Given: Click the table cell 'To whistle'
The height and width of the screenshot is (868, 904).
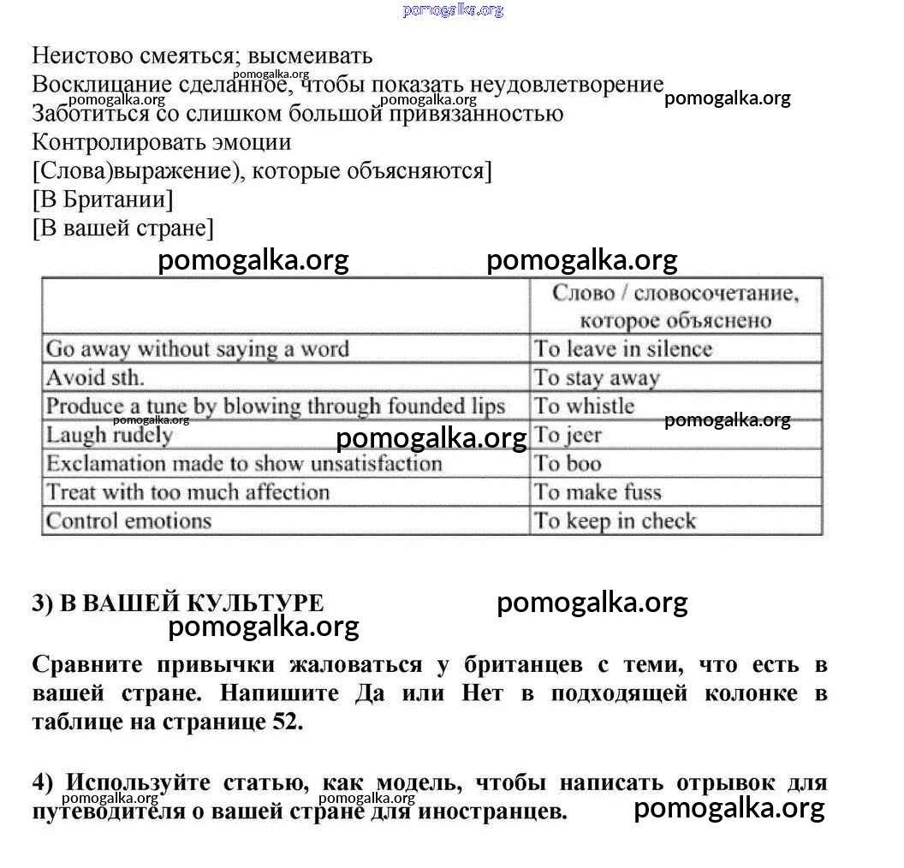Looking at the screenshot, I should coord(585,406).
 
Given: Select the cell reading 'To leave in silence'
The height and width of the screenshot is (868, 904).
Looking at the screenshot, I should coord(623,348).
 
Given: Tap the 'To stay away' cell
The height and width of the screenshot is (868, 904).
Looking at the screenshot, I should coord(598,378).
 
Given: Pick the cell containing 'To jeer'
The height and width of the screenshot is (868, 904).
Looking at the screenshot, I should coord(568,435).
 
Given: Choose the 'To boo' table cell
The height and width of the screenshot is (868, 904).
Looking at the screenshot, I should coord(568,464).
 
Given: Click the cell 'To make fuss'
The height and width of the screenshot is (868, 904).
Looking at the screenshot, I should coord(598,492).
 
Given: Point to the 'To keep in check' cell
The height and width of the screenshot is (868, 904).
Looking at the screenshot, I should coord(616,520).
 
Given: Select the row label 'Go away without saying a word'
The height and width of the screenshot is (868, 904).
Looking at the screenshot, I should coord(198,348).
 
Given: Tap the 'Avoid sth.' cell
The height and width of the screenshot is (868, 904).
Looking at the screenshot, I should coord(95,378).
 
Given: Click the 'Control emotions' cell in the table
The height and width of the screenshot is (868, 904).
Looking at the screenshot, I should coord(128,520).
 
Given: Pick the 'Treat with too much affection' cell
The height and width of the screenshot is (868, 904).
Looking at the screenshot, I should coord(187,492).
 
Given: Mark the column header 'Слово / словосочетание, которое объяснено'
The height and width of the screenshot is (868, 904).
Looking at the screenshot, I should coord(675,306).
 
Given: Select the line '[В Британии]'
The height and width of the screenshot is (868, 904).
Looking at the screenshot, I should coord(103,199).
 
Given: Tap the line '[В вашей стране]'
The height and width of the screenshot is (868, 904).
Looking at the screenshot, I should coord(123,229).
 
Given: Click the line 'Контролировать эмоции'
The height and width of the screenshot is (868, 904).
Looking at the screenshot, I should coord(162,141).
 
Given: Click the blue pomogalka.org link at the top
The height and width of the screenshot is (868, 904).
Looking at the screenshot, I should coord(453,10).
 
